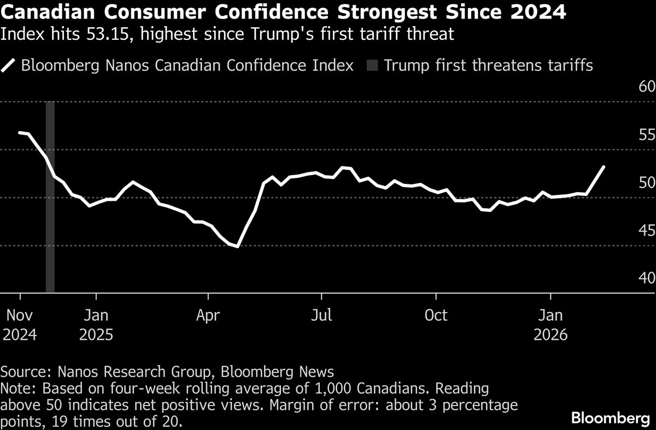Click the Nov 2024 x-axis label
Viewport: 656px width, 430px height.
click(x=20, y=325)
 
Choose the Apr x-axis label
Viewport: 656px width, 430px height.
click(x=208, y=315)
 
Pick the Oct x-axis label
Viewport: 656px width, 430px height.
click(x=436, y=315)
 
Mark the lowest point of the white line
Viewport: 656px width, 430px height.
click(x=237, y=247)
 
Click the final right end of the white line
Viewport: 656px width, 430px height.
click(x=604, y=166)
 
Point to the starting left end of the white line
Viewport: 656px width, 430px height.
click(x=20, y=133)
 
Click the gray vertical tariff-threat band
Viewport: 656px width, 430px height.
click(x=50, y=196)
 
